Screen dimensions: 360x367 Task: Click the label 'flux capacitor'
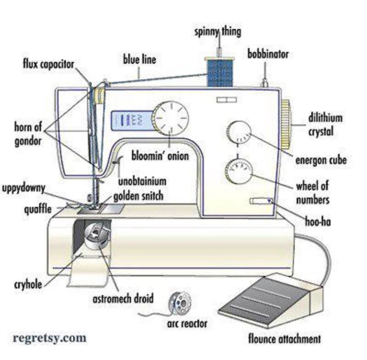49,64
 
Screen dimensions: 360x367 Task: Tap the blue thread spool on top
220,73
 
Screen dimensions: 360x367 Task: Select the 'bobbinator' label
268,54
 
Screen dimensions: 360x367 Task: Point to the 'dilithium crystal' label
325,125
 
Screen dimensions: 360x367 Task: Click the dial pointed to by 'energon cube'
239,132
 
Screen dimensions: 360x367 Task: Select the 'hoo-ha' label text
318,222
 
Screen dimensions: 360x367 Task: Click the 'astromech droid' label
123,298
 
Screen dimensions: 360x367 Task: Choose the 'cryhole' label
28,284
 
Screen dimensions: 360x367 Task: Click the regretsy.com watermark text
50,338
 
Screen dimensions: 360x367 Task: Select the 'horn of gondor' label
28,134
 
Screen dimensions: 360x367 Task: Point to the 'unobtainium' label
142,181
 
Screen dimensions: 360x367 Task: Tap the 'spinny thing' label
218,32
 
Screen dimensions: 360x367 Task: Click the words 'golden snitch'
138,196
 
